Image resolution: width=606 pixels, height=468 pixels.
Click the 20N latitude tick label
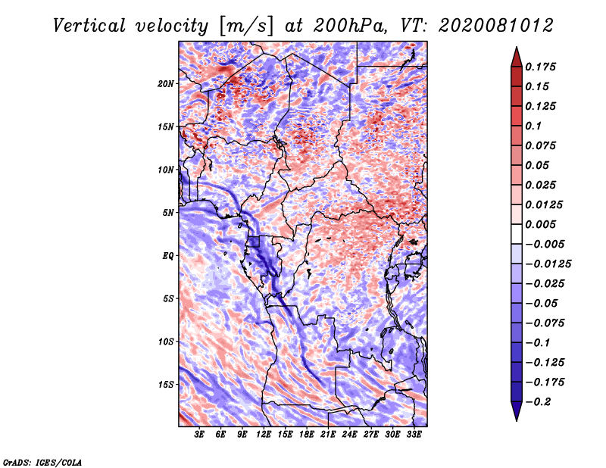click(x=165, y=84)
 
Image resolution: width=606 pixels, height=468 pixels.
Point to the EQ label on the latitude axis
click(x=167, y=256)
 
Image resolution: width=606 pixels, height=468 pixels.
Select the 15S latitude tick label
click(x=165, y=385)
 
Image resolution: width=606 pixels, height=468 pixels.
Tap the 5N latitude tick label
click(x=167, y=213)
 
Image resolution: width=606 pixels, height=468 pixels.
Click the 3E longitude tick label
click(x=199, y=435)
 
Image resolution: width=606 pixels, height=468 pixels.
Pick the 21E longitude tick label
click(x=328, y=435)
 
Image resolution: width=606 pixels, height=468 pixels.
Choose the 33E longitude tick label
click(x=414, y=435)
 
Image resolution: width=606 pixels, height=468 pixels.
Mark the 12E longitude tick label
click(x=264, y=435)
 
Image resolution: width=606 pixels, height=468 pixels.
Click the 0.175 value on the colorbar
click(x=540, y=67)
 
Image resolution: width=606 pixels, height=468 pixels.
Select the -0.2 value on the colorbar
click(x=538, y=402)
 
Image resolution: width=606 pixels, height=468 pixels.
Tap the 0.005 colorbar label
click(x=540, y=224)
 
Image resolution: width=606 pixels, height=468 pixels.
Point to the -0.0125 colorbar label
click(x=548, y=264)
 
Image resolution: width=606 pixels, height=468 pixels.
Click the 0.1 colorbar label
click(x=533, y=126)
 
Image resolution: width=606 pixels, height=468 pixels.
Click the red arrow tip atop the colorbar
click(x=517, y=48)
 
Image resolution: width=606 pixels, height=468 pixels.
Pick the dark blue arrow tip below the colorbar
click(x=517, y=420)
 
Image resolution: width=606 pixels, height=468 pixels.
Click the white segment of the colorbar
click(x=517, y=234)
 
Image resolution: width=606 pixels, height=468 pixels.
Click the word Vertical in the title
click(x=89, y=26)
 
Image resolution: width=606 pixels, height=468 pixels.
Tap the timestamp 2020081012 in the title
click(x=496, y=26)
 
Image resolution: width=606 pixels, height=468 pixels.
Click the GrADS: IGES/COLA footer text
click(x=42, y=463)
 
